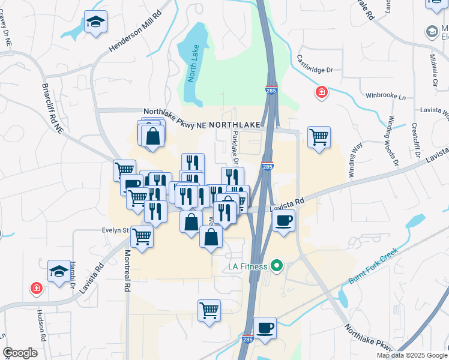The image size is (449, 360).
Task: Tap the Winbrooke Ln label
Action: click(x=385, y=97)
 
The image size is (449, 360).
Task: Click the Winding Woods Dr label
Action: click(x=393, y=140)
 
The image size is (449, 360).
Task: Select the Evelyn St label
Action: click(x=117, y=230)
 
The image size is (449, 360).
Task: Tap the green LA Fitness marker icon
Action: click(x=277, y=265)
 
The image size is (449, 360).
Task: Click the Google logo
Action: click(x=20, y=353)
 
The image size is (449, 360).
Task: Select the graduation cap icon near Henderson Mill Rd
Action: click(x=95, y=22)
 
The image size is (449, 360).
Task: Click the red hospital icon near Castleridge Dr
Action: click(x=322, y=92)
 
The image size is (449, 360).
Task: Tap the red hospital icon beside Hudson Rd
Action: click(x=37, y=289)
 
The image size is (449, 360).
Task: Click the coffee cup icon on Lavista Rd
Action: click(x=283, y=219)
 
